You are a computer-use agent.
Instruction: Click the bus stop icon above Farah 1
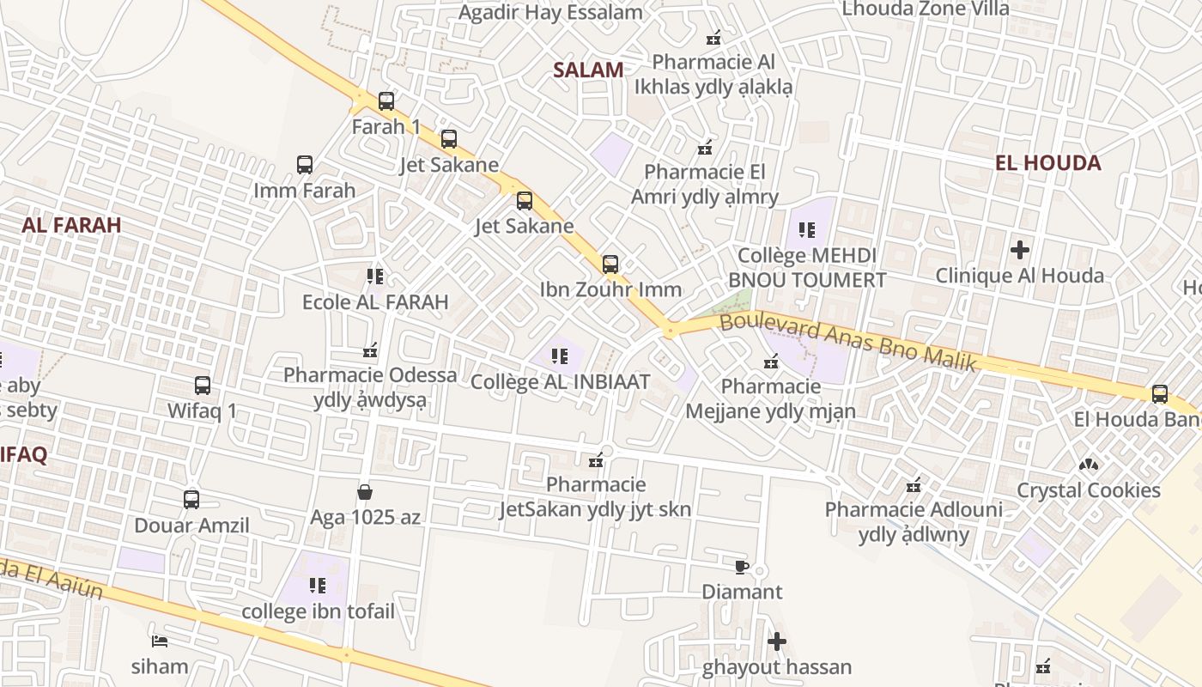(386, 101)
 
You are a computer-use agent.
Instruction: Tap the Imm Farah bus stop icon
(305, 165)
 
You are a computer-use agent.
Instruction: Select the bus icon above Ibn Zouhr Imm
(610, 264)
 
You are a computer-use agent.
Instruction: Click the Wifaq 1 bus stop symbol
(203, 386)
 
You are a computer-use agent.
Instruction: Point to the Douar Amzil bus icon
(191, 500)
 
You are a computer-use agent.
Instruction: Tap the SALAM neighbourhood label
(588, 70)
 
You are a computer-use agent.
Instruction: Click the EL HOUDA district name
(1047, 163)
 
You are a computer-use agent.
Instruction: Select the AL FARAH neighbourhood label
(71, 225)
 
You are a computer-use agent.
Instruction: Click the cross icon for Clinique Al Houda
(1020, 251)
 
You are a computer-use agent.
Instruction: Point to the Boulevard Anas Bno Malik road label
(847, 343)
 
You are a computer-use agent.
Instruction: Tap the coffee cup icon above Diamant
(742, 567)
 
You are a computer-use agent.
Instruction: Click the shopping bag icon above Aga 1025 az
(365, 492)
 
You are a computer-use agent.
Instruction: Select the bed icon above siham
(160, 641)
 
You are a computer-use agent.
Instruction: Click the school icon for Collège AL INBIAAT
(560, 356)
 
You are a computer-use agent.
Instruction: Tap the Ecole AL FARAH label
(375, 302)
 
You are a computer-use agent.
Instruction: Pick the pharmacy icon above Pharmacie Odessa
(371, 350)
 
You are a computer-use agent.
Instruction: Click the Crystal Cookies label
(1088, 490)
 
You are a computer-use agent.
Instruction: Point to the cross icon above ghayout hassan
(777, 641)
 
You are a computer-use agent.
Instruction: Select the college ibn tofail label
(318, 611)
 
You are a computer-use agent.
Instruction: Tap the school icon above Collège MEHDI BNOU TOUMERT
(807, 230)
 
